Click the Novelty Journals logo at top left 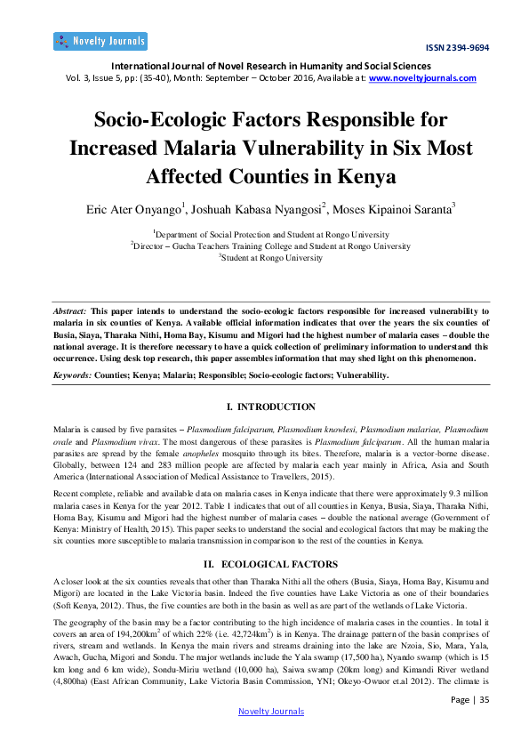[100, 41]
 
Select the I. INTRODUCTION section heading [264, 407]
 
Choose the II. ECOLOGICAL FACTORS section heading [264, 565]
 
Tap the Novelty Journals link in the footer [271, 711]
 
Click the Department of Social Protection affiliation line [264, 234]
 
